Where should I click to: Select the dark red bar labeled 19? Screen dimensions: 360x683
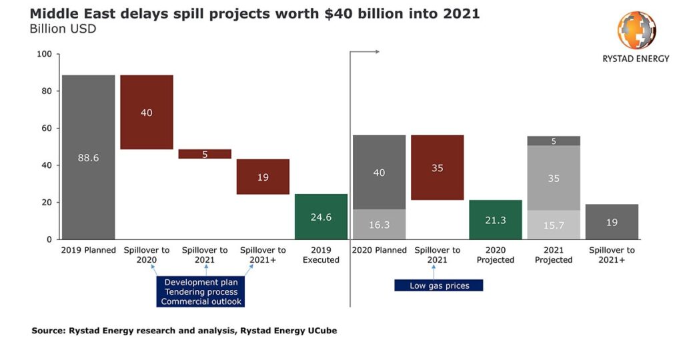[x=263, y=177]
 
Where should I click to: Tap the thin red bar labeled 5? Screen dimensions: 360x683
[x=205, y=154]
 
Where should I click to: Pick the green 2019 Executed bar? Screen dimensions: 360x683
[x=321, y=217]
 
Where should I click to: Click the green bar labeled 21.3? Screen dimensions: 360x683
[x=496, y=219]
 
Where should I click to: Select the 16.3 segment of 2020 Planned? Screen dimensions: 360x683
[x=379, y=225]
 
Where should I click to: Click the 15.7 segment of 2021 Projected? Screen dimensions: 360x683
[x=554, y=225]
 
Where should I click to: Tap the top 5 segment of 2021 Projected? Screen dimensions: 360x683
[x=554, y=141]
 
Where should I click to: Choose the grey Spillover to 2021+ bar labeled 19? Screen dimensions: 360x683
[x=612, y=222]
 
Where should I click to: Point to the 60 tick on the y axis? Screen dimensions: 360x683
[x=46, y=128]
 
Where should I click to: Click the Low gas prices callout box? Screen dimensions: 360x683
[x=438, y=285]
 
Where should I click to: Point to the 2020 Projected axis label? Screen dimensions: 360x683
[x=496, y=255]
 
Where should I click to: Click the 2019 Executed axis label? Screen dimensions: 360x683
[x=321, y=255]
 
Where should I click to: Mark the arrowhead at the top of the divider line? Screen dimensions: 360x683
[x=377, y=51]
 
